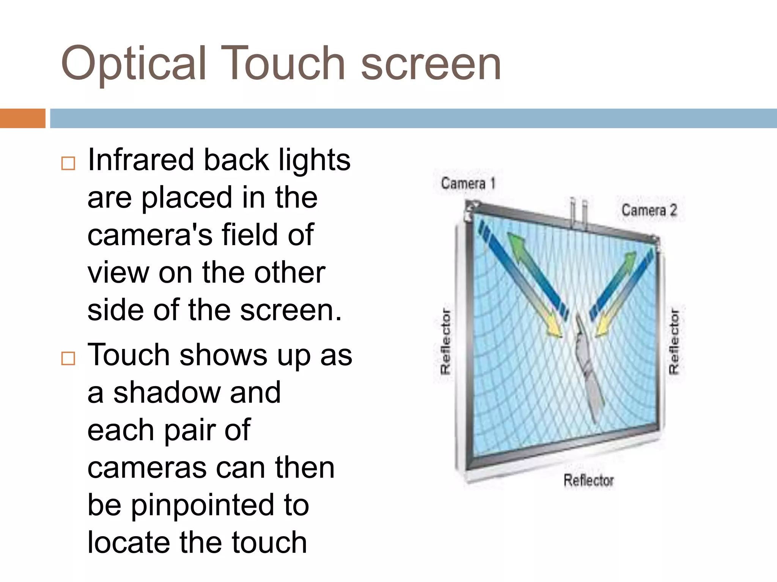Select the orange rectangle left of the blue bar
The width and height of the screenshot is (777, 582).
pos(22,118)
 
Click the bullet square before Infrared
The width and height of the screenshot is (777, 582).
pos(68,163)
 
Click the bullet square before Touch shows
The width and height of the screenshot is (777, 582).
pos(68,358)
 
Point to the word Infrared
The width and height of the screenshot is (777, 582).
pos(140,160)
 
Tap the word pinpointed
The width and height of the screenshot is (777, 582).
pos(202,505)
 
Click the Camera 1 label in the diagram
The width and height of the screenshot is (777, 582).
pos(468,184)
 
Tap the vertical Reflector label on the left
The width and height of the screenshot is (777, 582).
pos(445,341)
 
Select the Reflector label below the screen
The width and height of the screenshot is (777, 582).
pos(588,480)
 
